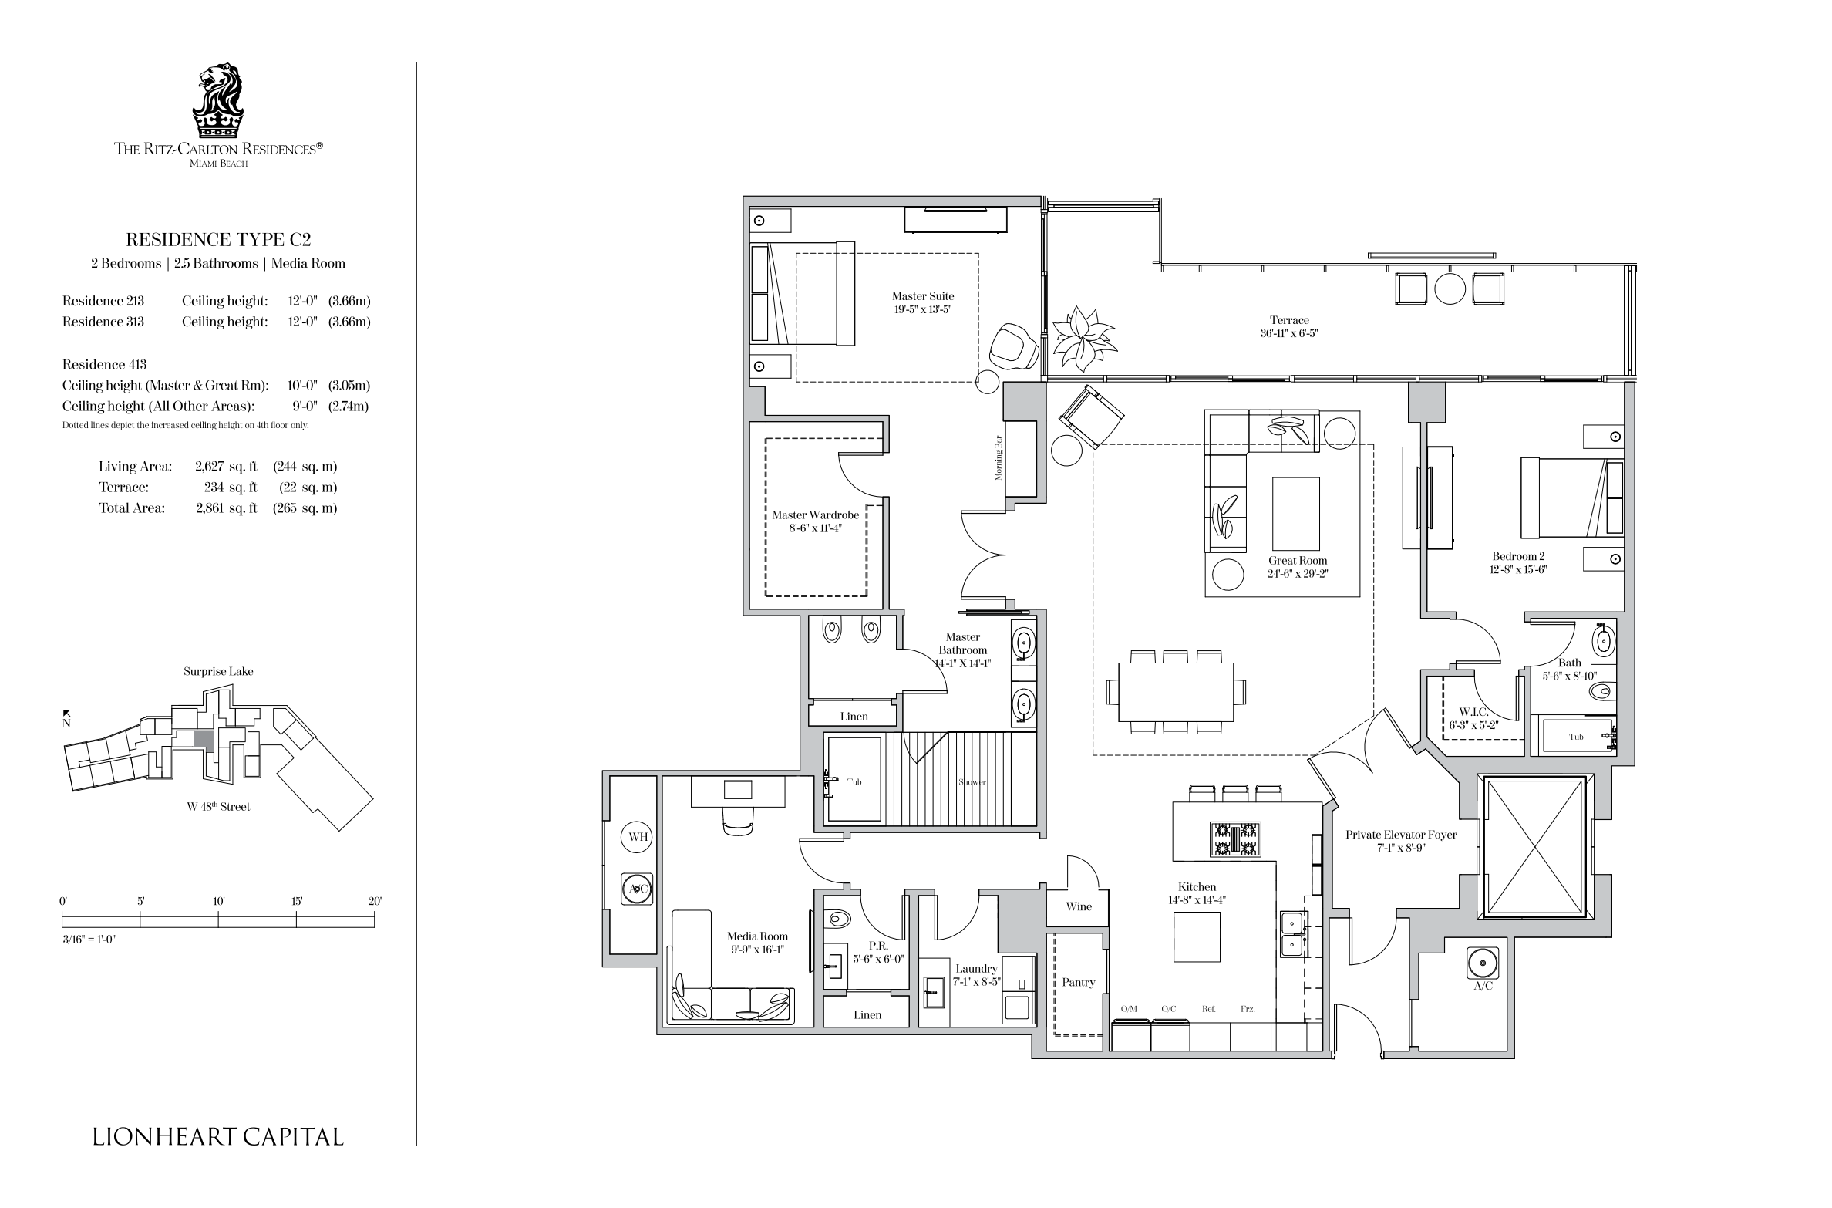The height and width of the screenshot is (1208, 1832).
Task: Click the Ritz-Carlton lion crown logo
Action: point(218,100)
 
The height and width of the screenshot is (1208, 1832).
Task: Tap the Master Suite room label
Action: point(923,296)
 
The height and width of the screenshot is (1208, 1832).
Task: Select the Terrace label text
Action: point(1290,320)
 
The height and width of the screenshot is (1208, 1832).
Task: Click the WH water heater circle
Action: point(638,837)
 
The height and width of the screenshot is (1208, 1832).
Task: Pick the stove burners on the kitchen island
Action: point(1235,839)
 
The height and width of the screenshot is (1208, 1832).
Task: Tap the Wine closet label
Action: point(1079,906)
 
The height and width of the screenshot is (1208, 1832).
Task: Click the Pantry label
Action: point(1078,982)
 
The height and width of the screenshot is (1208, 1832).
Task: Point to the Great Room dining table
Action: point(1176,692)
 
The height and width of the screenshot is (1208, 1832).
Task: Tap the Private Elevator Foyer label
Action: point(1401,835)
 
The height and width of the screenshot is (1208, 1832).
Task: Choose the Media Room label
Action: point(757,936)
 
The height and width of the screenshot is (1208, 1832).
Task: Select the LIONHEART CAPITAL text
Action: point(218,1136)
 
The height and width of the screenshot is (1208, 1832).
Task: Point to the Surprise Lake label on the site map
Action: point(218,671)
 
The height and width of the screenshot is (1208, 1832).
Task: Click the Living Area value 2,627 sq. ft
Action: point(226,467)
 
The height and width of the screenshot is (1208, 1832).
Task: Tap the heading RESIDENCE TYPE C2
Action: point(218,240)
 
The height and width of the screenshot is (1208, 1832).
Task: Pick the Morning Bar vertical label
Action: point(999,457)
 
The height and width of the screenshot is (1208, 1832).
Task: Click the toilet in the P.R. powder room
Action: point(837,919)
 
